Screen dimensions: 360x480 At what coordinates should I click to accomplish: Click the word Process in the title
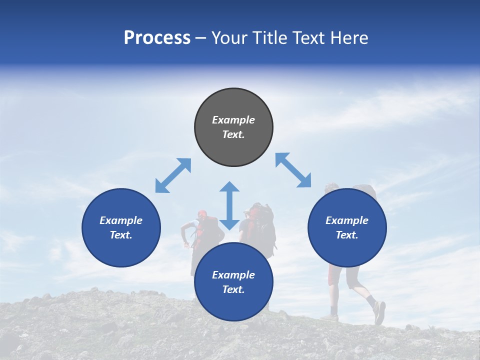click(x=157, y=38)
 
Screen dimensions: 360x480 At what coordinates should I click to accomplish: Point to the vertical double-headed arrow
click(x=229, y=205)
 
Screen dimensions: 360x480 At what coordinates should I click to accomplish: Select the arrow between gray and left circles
click(x=173, y=175)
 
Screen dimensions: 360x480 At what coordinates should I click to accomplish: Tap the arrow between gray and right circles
click(x=293, y=170)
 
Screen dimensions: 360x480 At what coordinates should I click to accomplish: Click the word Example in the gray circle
click(x=233, y=120)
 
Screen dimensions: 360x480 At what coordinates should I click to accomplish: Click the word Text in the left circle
click(x=121, y=235)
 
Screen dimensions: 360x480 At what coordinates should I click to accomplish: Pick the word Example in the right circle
click(x=347, y=220)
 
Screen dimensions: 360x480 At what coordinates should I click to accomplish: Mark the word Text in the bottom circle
click(x=233, y=289)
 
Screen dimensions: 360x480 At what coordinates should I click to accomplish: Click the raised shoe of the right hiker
click(x=379, y=312)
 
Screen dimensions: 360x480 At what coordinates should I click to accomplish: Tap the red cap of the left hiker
click(x=201, y=213)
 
